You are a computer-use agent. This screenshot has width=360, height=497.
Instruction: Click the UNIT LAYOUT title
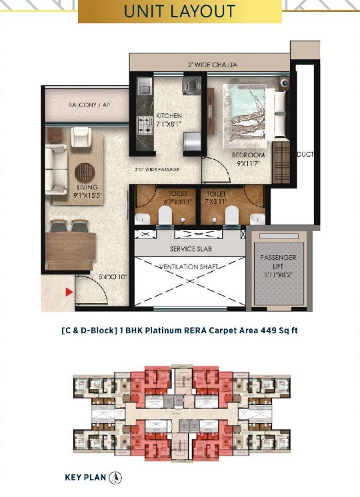point(179,11)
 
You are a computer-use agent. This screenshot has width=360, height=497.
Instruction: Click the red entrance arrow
point(68,291)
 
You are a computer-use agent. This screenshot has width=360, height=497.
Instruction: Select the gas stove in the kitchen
point(143,123)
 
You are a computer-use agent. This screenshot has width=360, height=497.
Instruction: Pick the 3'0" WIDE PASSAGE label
point(158,171)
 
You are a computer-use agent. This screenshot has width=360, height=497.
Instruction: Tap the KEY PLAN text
point(85,477)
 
